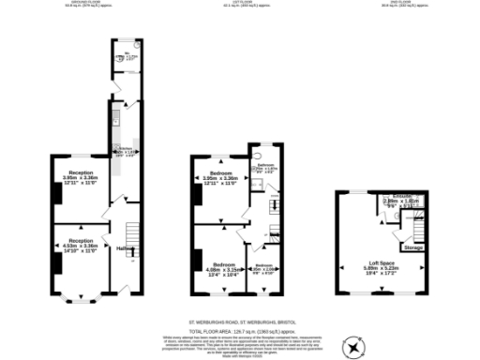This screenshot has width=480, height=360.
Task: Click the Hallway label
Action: [x=123, y=248]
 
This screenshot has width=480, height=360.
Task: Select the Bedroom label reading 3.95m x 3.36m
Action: [x=220, y=177]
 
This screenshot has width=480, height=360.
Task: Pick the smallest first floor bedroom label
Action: [x=265, y=267]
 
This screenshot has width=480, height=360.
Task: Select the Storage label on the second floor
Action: [x=412, y=247]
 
